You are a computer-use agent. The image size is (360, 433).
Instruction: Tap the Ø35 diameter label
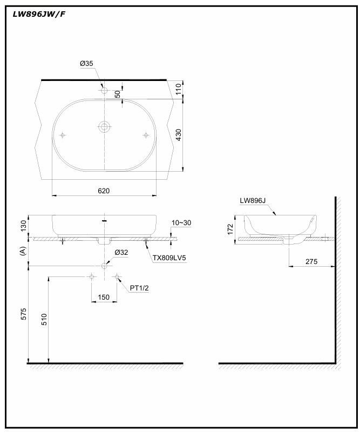coord(87,64)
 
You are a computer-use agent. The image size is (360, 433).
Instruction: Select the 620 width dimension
coord(104,191)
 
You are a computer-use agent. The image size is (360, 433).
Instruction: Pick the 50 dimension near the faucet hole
coord(118,93)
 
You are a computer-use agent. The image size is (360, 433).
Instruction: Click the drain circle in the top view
coord(104,127)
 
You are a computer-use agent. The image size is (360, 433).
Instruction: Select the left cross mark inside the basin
coord(63,134)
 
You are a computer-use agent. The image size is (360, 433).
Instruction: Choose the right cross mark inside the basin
coord(145,134)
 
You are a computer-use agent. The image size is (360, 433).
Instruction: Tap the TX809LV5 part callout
coord(169,258)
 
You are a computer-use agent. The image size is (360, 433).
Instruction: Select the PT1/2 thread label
coord(139,288)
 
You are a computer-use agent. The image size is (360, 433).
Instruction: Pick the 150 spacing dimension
coord(104,297)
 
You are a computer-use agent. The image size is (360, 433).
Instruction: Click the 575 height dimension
coord(23,316)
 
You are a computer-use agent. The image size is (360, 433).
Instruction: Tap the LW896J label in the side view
coord(253,200)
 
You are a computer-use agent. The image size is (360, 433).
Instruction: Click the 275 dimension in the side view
coord(310,261)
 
